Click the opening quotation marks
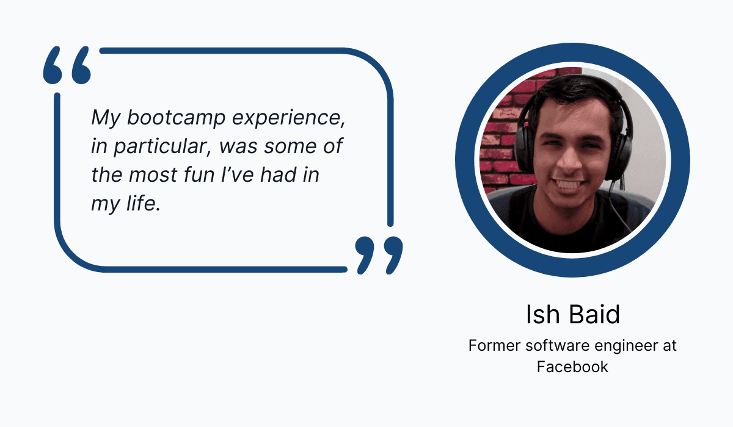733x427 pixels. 67,65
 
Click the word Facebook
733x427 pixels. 572,367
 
